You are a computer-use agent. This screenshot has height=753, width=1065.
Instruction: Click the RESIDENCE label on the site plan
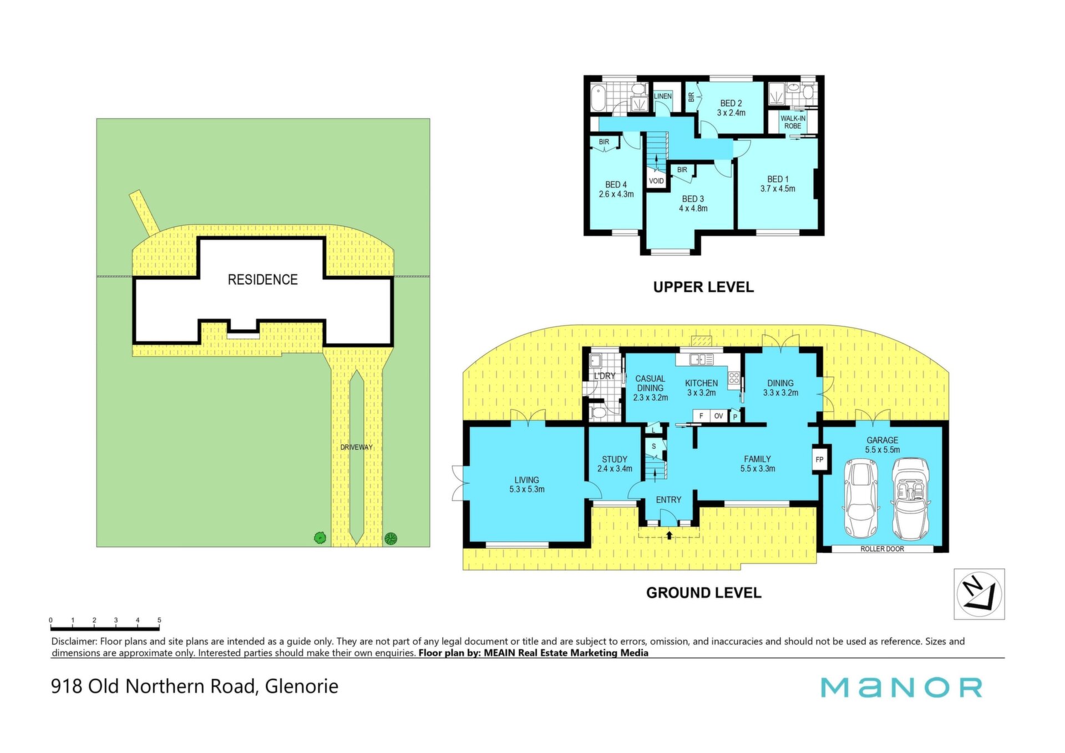tap(263, 280)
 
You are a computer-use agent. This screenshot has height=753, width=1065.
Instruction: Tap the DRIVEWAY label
tap(357, 447)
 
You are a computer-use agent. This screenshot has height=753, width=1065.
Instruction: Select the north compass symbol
tap(979, 594)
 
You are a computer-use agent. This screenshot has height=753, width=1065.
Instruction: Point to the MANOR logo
tap(901, 688)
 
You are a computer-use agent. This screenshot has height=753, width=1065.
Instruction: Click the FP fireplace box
tap(820, 459)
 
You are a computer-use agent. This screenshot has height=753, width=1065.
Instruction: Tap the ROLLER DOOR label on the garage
tap(882, 549)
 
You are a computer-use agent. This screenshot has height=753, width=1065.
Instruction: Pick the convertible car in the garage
tap(910, 498)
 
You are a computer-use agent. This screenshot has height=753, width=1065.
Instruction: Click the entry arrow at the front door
tap(669, 535)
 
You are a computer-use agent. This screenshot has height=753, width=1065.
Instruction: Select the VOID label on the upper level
tap(656, 181)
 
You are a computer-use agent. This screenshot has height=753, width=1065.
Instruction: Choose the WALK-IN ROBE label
tap(793, 122)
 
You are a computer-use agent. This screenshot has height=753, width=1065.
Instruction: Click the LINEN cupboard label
tap(662, 96)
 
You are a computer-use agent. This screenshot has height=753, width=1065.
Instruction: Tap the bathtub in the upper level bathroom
tap(599, 98)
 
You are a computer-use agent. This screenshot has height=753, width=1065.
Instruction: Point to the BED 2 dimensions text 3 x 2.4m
tap(731, 113)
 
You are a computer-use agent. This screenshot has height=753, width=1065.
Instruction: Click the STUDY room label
tap(615, 459)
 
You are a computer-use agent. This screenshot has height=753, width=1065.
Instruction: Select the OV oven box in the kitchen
tap(718, 416)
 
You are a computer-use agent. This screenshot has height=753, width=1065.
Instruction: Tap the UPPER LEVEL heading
tap(703, 287)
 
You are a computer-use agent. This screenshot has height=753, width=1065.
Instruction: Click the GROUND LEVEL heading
tap(703, 593)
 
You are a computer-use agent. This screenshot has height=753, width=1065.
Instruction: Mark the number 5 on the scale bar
tap(159, 620)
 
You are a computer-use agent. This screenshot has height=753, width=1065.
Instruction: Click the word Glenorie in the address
tap(302, 686)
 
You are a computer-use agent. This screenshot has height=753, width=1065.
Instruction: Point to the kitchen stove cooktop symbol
tap(734, 378)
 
